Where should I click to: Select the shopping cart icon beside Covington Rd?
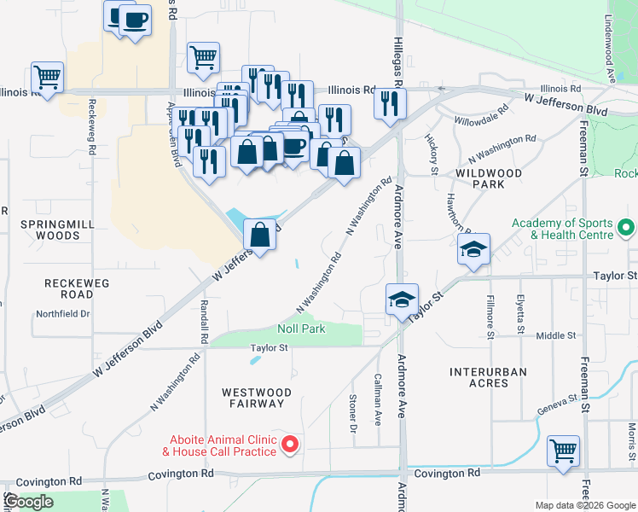[x=564, y=451]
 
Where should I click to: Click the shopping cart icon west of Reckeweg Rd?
[x=48, y=78]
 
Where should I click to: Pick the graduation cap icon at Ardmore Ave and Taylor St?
[x=402, y=300]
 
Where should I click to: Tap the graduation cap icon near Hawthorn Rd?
[x=473, y=250]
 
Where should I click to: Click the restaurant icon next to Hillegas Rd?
[x=390, y=104]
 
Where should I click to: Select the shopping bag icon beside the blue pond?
[x=260, y=235]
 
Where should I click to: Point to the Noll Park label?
[x=301, y=329]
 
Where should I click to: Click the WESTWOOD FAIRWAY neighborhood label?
[x=257, y=398]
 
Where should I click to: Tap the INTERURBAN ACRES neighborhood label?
[x=488, y=377]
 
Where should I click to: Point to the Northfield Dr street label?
[x=62, y=314]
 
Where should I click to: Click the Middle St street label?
[x=556, y=336]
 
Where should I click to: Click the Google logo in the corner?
[x=28, y=502]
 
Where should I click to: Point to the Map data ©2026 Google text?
[x=584, y=505]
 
